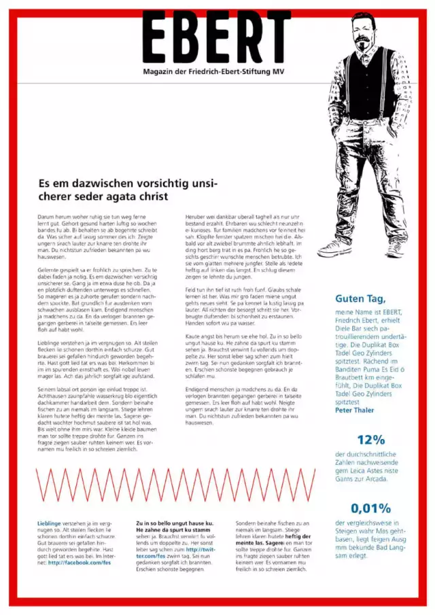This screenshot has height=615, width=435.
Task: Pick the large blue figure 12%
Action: (x=370, y=440)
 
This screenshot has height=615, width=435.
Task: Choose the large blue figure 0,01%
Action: (x=370, y=508)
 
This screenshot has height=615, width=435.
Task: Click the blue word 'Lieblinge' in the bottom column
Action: (x=49, y=523)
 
